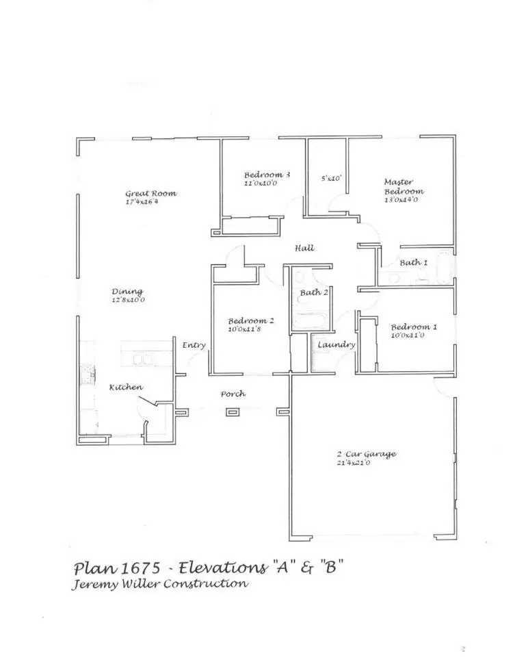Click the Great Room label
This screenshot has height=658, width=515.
coord(150,194)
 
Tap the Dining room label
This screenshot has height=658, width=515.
coord(127,292)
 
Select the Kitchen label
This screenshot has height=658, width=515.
coord(126,388)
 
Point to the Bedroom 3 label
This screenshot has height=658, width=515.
coord(267,175)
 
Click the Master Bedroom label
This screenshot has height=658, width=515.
coord(403,187)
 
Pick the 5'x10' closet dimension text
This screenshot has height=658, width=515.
coord(331,178)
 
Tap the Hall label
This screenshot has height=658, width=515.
coord(304,248)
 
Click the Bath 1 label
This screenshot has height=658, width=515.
coord(414,263)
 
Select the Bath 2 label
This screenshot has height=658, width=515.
coord(314,293)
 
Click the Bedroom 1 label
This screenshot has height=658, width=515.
coord(414,327)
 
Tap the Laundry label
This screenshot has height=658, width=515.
coord(336,345)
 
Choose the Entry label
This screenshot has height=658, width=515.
coord(194,346)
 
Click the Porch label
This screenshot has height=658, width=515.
coord(233,394)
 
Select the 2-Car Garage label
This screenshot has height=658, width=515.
coord(366,455)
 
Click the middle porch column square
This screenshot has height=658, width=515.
coord(233,412)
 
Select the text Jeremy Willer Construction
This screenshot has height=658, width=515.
coord(160,584)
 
